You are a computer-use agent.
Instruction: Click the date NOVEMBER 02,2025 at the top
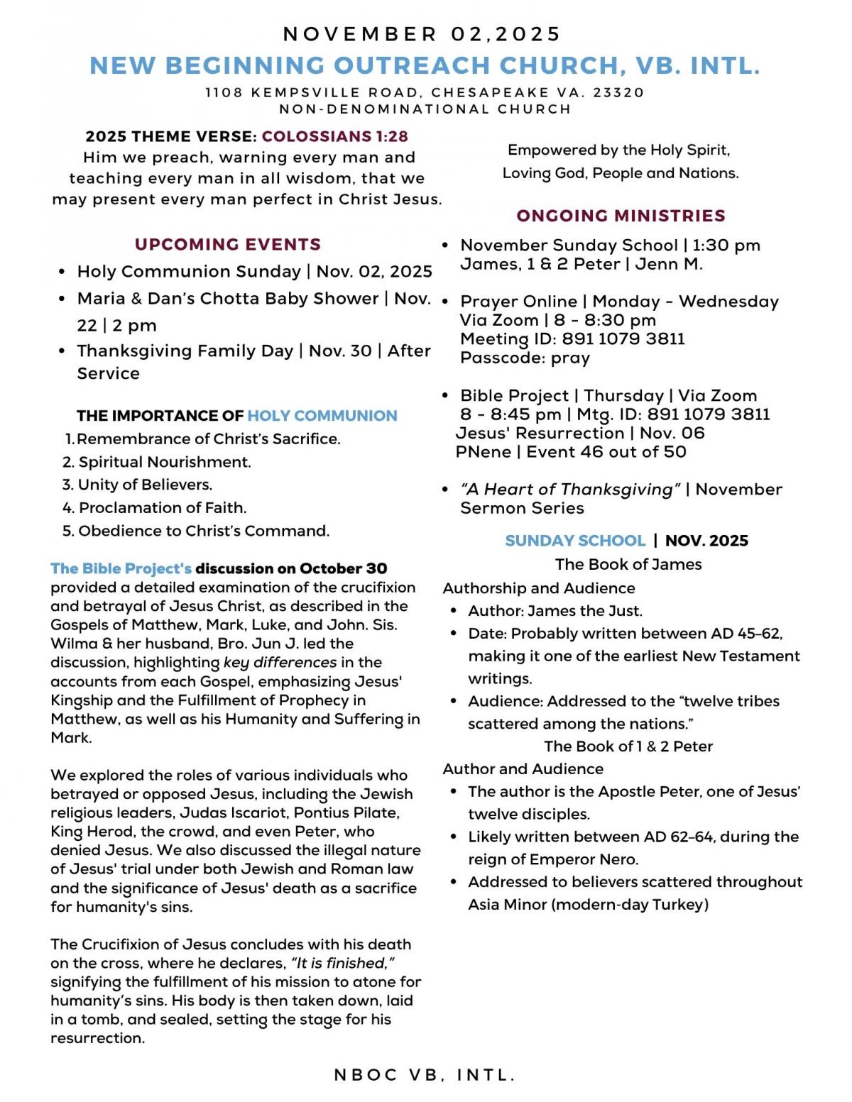coord(422,34)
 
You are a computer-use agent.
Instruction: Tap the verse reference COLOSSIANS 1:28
coord(334,136)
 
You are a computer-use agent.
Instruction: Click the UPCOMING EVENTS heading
coord(228,244)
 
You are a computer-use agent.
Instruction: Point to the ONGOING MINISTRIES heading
coord(621,216)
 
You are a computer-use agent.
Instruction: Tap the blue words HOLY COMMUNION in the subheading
coord(322,416)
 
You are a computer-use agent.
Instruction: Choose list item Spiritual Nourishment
coord(164,462)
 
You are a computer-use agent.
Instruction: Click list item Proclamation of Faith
coord(163,507)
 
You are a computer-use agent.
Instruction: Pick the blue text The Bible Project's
coord(121,568)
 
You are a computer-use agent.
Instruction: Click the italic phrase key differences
coord(280,662)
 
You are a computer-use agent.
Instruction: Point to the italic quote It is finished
coord(343,963)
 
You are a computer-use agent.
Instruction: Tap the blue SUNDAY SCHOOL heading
coord(575,541)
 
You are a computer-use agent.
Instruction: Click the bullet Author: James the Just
coord(555,611)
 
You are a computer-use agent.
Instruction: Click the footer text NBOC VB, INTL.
coord(425,1075)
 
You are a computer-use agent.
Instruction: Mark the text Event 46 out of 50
coord(606,452)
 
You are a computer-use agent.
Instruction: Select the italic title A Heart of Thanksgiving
coord(570,490)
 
